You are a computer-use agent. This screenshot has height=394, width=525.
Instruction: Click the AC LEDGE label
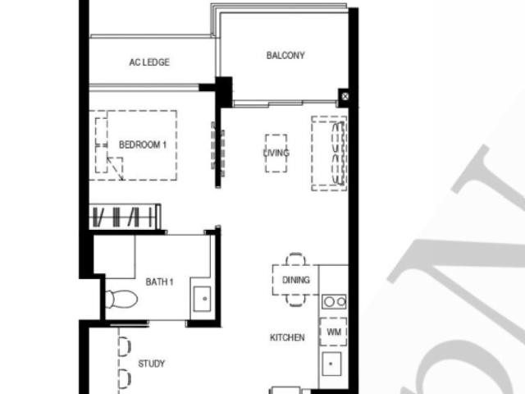pyautogui.click(x=149, y=62)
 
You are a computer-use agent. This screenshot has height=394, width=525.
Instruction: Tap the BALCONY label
pyautogui.click(x=285, y=56)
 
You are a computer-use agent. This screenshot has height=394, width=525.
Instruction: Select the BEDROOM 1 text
pyautogui.click(x=143, y=144)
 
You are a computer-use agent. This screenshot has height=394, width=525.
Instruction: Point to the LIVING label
pyautogui.click(x=276, y=153)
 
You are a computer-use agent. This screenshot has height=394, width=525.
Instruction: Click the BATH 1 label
pyautogui.click(x=160, y=282)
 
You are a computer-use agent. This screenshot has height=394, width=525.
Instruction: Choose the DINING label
pyautogui.click(x=295, y=280)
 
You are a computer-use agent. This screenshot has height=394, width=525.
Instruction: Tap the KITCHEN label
pyautogui.click(x=287, y=337)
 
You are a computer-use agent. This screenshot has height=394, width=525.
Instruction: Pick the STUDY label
pyautogui.click(x=151, y=364)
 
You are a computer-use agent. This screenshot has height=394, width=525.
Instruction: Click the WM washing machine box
pyautogui.click(x=334, y=332)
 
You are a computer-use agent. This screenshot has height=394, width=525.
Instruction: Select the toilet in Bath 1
pyautogui.click(x=120, y=298)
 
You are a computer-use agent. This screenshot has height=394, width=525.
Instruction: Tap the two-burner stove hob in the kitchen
pyautogui.click(x=334, y=301)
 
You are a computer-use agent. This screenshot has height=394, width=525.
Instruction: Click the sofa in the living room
pyautogui.click(x=336, y=153)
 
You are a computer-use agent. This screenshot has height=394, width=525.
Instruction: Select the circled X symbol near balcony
pyautogui.click(x=345, y=97)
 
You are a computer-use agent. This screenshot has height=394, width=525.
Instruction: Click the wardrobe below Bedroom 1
pyautogui.click(x=125, y=218)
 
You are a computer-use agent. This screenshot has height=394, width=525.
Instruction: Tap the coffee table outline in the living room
pyautogui.click(x=276, y=153)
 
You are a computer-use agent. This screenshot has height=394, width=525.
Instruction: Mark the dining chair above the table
pyautogui.click(x=295, y=259)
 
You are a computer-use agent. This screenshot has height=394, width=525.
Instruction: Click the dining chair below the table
pyautogui.click(x=295, y=300)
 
